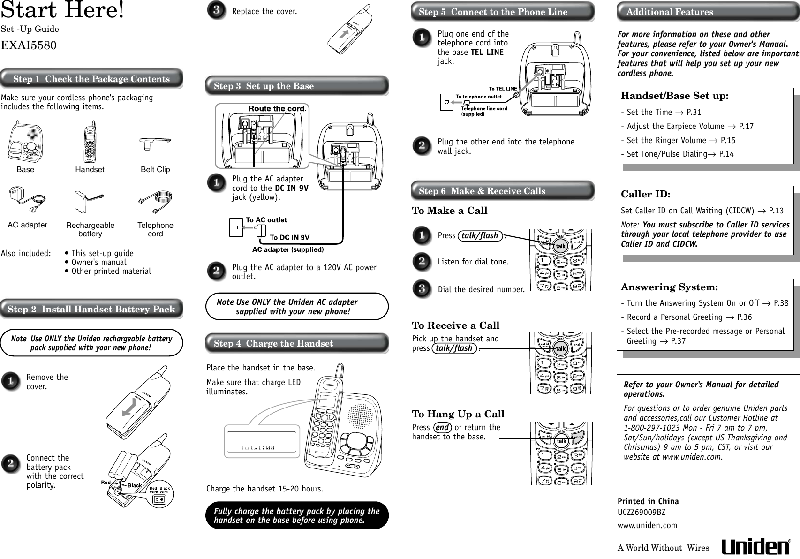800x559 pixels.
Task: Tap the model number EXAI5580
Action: [x=29, y=45]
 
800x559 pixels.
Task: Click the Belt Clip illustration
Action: [x=156, y=143]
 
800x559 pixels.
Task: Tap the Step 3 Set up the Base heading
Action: [x=264, y=86]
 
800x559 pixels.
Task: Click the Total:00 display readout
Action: [x=257, y=448]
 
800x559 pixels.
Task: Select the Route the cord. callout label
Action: [x=277, y=109]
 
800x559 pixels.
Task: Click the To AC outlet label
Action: [x=266, y=219]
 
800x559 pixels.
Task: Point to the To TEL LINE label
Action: [x=503, y=88]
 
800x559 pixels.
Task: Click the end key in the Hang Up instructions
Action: [x=442, y=428]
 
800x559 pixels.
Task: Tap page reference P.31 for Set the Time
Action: [x=694, y=112]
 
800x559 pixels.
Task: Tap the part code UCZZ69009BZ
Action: [x=641, y=512]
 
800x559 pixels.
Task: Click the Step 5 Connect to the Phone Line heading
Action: [x=493, y=12]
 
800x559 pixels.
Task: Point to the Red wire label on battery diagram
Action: [x=106, y=482]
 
